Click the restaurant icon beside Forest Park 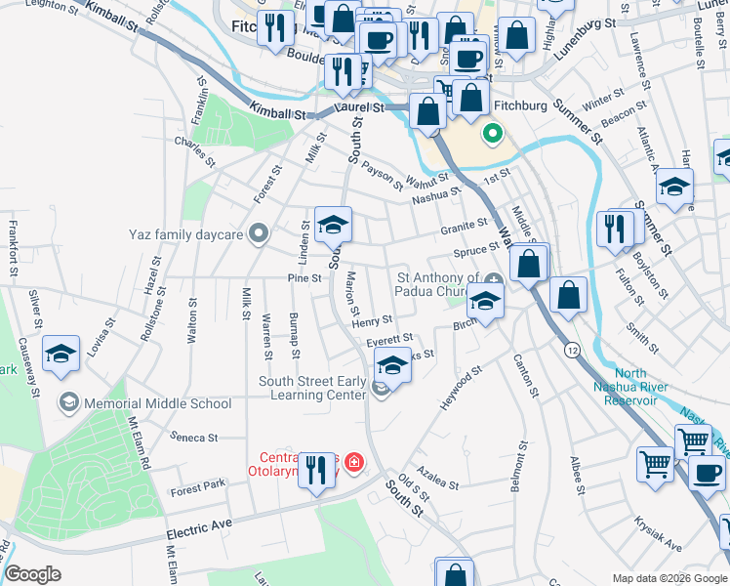(316, 474)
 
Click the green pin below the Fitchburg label (493, 133)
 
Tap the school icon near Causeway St (61, 356)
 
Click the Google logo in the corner (32, 574)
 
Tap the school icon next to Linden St (333, 226)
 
